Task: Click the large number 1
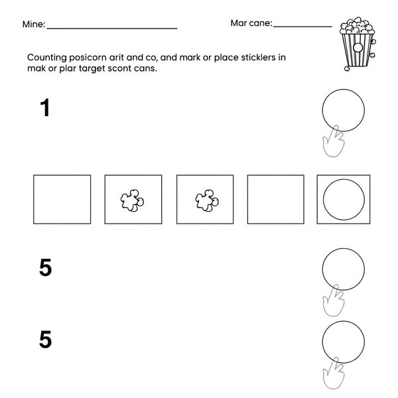45,107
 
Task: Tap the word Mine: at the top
34,24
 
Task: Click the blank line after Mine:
112,29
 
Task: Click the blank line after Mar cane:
302,26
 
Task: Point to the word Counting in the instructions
47,58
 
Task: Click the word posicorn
88,58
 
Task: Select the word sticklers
258,57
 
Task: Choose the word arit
117,57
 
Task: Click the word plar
68,68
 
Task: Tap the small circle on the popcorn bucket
358,48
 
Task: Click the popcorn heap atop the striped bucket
357,25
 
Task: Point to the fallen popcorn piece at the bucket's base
347,68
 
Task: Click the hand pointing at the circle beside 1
334,141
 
